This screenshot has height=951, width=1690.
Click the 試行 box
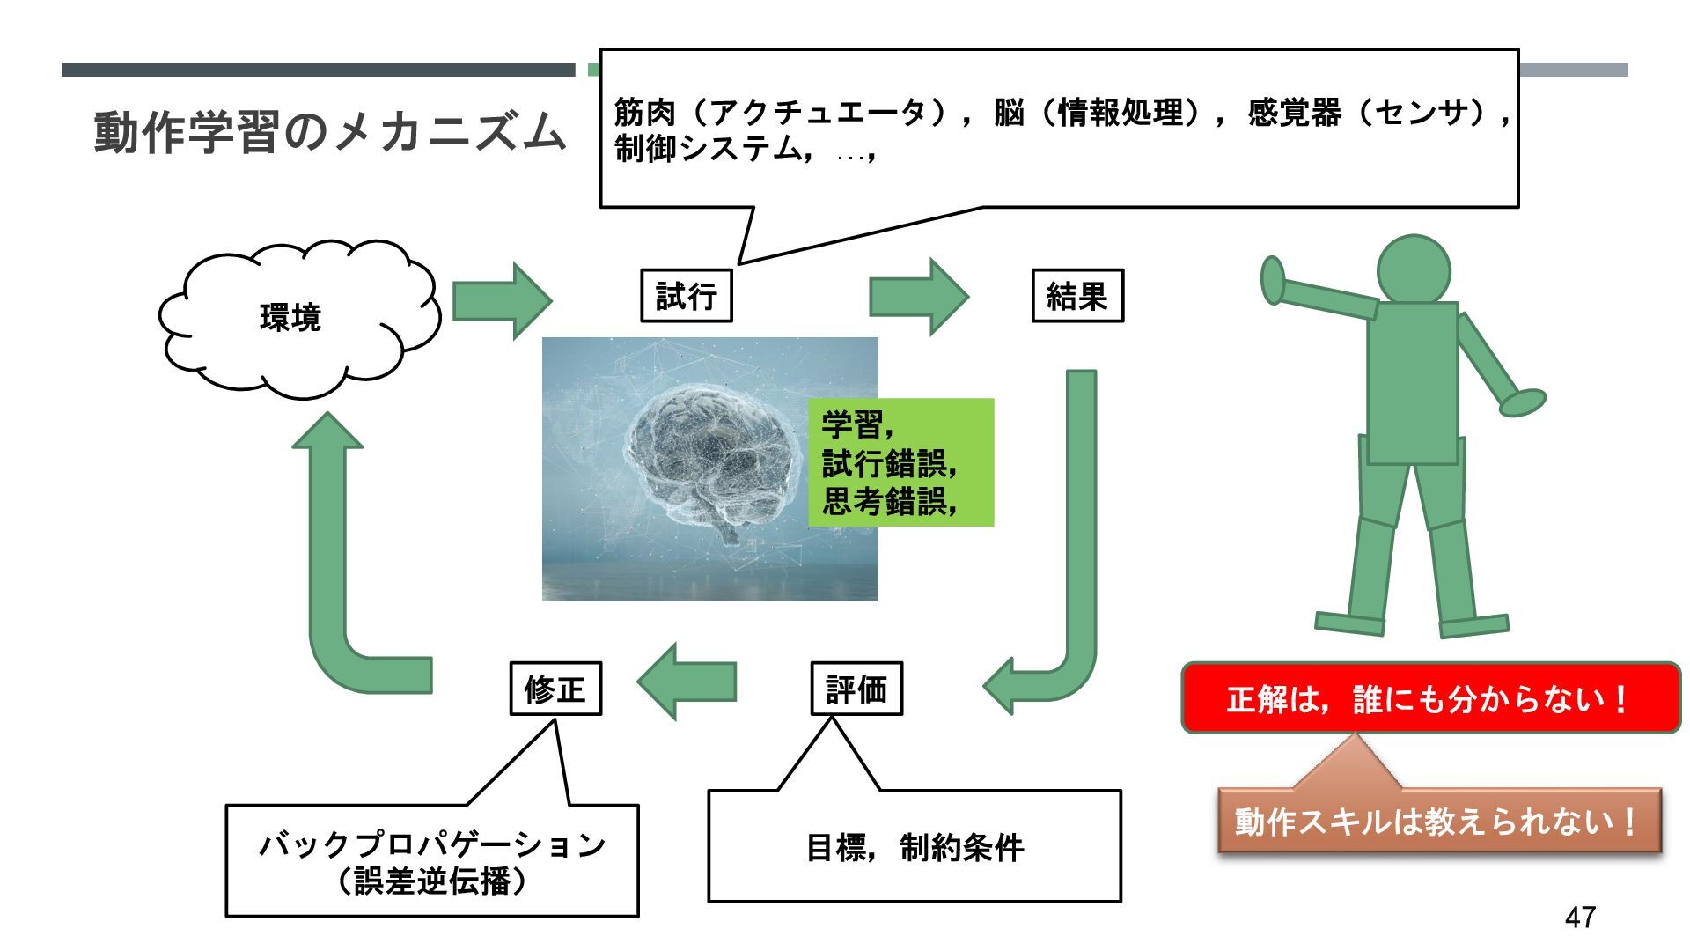686,296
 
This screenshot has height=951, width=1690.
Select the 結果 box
1077,296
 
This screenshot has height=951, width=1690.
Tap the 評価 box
856,689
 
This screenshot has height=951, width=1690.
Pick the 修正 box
555,689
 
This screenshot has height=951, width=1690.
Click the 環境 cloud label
290,317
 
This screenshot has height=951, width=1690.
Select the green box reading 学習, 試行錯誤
901,463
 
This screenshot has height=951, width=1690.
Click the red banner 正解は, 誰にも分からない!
1430,699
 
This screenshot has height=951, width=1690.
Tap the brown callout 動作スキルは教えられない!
1439,822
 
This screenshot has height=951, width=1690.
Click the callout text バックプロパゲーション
432,845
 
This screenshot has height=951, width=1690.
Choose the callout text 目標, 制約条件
915,848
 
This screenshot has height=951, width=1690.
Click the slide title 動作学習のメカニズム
329,132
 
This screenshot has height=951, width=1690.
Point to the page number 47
1580,917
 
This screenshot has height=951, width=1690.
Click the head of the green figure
1413,269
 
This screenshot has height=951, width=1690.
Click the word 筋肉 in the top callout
645,113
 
